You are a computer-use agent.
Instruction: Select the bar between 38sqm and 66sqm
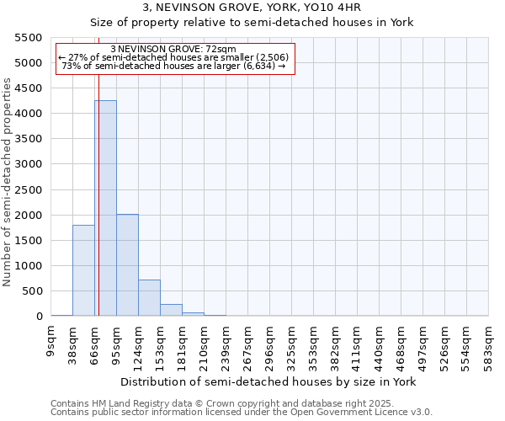83,270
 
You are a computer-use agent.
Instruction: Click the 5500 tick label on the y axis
29,38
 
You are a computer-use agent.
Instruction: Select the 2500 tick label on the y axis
29,190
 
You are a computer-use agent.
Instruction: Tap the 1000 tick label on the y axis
29,266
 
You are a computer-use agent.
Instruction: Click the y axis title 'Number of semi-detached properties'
8,182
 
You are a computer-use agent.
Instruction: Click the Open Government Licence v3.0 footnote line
242,413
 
